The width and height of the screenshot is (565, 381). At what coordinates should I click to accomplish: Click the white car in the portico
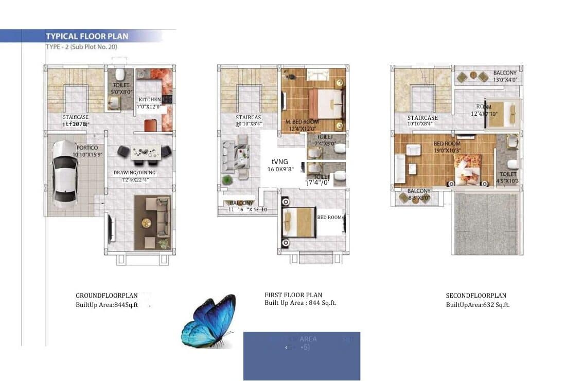pyautogui.click(x=65, y=174)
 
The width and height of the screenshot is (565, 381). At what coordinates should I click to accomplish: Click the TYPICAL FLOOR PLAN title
pyautogui.click(x=87, y=37)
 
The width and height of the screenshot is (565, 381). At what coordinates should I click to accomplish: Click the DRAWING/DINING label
pyautogui.click(x=134, y=173)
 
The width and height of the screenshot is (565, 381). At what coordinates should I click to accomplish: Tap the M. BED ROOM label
pyautogui.click(x=301, y=121)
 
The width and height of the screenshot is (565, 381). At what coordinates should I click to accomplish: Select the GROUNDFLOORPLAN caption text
pyautogui.click(x=107, y=296)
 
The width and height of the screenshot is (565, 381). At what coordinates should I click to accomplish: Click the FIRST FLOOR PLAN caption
pyautogui.click(x=293, y=295)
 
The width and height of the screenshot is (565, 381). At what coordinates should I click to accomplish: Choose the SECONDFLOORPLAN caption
pyautogui.click(x=476, y=296)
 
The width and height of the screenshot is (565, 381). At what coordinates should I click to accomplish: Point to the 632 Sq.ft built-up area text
pyautogui.click(x=478, y=305)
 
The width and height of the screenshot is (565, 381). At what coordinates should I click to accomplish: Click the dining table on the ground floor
pyautogui.click(x=144, y=152)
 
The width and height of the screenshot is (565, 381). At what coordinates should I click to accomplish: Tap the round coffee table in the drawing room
pyautogui.click(x=146, y=223)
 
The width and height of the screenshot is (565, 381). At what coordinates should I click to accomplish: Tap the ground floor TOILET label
pyautogui.click(x=122, y=85)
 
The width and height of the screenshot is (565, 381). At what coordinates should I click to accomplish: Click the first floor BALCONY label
pyautogui.click(x=241, y=203)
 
